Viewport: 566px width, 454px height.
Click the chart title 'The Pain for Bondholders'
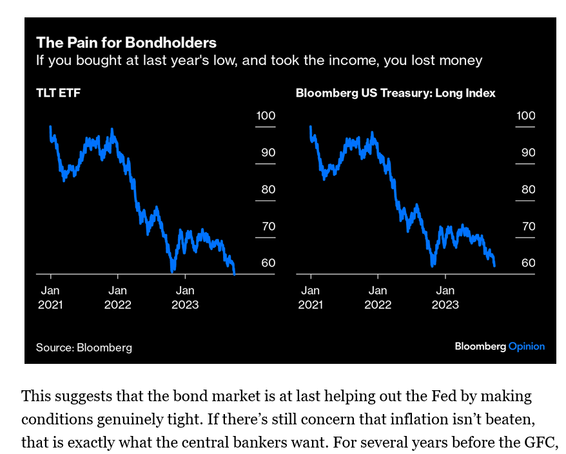tap(126, 43)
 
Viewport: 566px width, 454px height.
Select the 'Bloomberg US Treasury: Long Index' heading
tap(395, 93)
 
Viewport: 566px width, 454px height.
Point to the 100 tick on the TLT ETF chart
tap(266, 116)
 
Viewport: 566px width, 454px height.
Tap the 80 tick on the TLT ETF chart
tap(266, 189)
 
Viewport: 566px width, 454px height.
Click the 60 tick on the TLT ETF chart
tap(266, 263)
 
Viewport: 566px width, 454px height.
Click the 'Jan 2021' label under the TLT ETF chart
tap(51, 297)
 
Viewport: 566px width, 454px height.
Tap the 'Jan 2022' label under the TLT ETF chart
tap(117, 297)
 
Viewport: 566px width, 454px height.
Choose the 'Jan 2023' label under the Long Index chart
tap(445, 297)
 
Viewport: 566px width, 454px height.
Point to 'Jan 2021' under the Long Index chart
tap(311, 297)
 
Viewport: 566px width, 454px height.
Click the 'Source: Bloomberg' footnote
tap(84, 348)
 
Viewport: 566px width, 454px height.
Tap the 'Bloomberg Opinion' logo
tap(500, 346)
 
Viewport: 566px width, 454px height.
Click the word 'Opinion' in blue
tap(527, 346)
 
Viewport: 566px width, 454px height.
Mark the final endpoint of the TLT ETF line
tap(235, 274)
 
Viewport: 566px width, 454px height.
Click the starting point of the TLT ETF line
tap(50, 127)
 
